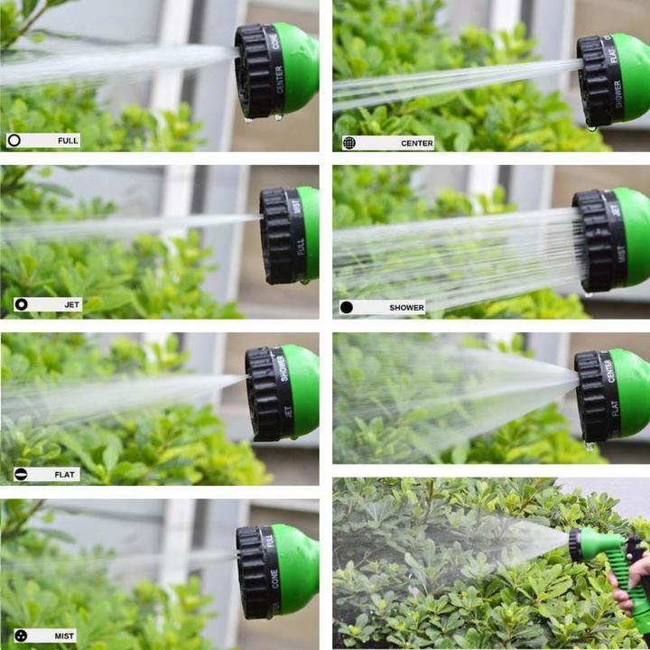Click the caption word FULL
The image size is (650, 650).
point(68,141)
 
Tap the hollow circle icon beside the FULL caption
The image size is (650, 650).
point(14,141)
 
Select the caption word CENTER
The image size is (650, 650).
point(417,143)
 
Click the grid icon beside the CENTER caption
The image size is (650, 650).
point(348,143)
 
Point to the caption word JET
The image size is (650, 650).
point(71,305)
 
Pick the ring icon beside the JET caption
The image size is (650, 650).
point(21,305)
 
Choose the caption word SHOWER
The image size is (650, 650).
point(406,308)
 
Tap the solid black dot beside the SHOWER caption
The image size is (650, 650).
point(347,308)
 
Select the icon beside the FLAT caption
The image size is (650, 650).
point(21,474)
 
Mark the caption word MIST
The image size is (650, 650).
point(63,636)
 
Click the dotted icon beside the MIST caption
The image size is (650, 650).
point(21,636)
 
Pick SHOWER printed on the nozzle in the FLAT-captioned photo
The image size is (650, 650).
point(283,367)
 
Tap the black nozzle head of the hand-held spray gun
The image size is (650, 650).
point(575,544)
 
